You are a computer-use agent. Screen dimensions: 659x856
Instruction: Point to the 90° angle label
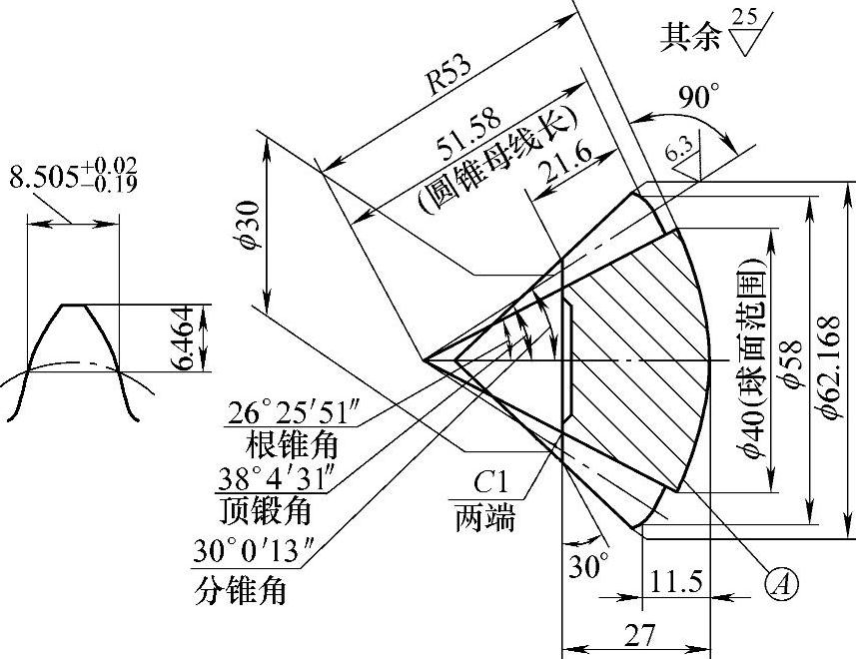pos(698,98)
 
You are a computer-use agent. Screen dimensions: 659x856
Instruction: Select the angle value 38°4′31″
pos(271,479)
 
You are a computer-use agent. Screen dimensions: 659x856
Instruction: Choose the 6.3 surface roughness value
pos(678,152)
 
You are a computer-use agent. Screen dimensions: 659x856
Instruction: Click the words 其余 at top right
pos(688,37)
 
